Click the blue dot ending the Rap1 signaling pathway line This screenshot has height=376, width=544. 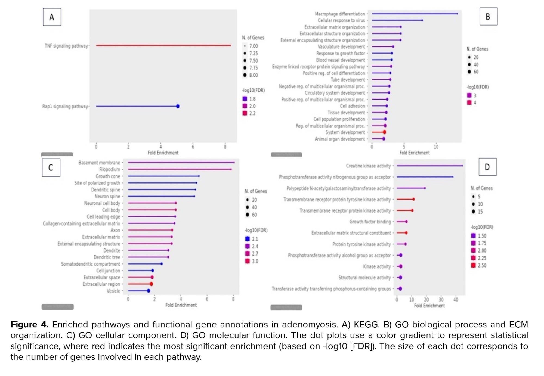(x=178, y=106)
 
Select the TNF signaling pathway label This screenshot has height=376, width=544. (x=66, y=46)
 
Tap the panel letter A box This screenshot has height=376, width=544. (x=52, y=17)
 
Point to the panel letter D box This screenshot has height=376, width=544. (x=487, y=167)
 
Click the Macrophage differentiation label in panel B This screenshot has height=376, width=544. (x=340, y=14)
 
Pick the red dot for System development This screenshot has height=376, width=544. (x=384, y=132)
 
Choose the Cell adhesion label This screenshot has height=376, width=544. (x=353, y=106)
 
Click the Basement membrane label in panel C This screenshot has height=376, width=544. (x=99, y=163)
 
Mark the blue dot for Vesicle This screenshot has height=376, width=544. (x=149, y=291)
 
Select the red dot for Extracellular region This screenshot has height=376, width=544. (x=151, y=284)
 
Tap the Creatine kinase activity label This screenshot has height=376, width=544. (x=368, y=166)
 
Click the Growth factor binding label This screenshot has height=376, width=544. (x=370, y=222)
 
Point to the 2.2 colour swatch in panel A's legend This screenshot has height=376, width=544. (x=245, y=113)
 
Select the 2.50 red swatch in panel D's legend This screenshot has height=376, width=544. (x=474, y=265)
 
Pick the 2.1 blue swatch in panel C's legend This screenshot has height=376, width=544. (x=247, y=239)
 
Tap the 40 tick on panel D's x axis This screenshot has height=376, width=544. (x=456, y=300)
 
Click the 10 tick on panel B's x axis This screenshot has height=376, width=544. (x=436, y=147)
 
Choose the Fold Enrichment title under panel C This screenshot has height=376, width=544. (x=181, y=305)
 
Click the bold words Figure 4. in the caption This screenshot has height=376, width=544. (x=29, y=324)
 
